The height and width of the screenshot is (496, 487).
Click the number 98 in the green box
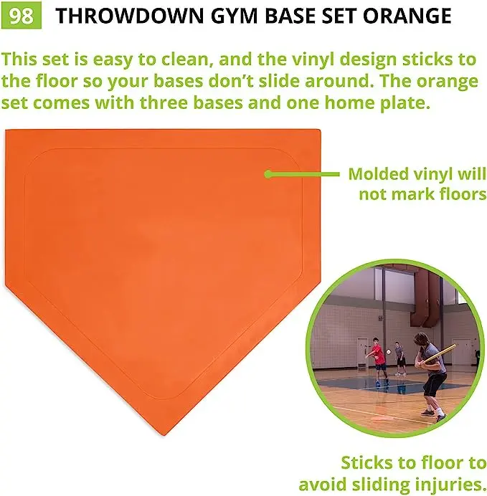pyautogui.click(x=22, y=16)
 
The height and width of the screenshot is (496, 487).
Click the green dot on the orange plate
pyautogui.click(x=268, y=173)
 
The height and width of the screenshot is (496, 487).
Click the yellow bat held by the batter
pyautogui.click(x=445, y=349)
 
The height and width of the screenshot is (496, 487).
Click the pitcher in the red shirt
pyautogui.click(x=378, y=356)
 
